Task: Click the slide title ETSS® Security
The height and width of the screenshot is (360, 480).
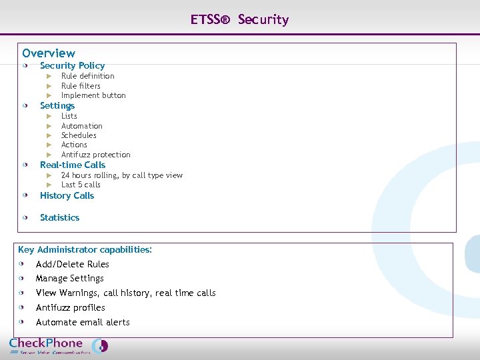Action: [x=239, y=19]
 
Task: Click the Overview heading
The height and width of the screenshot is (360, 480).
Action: [x=49, y=53]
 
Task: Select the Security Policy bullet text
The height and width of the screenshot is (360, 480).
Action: [x=72, y=65]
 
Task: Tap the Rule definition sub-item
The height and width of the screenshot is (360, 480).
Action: [x=87, y=76]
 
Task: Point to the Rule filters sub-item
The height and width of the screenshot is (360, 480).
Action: [x=81, y=86]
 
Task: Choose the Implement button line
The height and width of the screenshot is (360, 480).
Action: [x=93, y=95]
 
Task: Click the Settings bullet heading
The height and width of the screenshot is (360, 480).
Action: [x=57, y=105]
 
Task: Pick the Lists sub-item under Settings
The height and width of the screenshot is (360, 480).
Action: [x=69, y=116]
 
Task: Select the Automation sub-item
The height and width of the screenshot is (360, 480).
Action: [x=82, y=126]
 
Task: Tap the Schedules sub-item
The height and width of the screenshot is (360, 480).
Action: [x=79, y=135]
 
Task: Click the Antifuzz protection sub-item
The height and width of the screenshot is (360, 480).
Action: [x=95, y=155]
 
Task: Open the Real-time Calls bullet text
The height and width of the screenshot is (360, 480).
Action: [x=73, y=165]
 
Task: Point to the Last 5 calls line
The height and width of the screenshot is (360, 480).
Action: [x=81, y=185]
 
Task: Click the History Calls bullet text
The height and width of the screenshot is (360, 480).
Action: [x=67, y=195]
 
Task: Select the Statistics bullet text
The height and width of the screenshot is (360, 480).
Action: [x=59, y=217]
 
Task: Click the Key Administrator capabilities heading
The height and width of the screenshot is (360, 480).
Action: [x=85, y=249]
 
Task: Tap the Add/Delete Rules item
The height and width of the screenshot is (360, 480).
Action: [x=72, y=264]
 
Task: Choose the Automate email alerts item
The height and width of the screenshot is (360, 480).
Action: [x=83, y=322]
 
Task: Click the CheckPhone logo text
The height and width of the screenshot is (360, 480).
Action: [x=46, y=343]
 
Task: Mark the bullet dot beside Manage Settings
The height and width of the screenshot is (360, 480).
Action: [x=22, y=278]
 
